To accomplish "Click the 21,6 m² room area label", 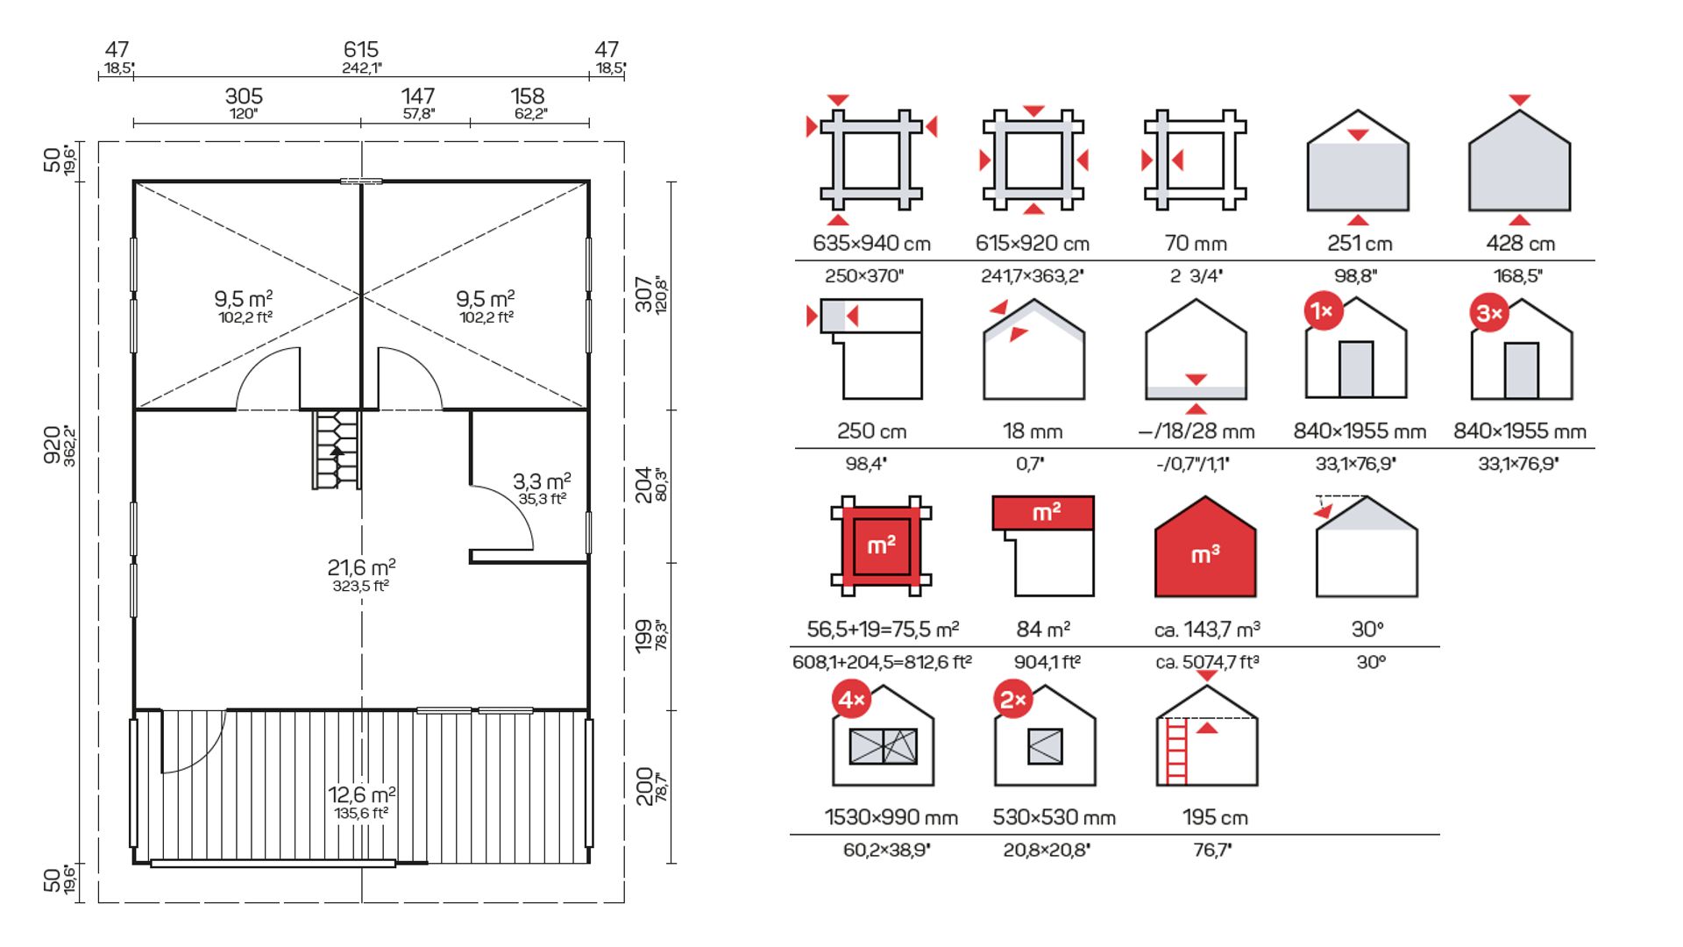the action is pyautogui.click(x=361, y=567).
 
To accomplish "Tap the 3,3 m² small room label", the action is pyautogui.click(x=542, y=481).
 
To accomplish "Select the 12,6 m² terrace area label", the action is pyautogui.click(x=361, y=794).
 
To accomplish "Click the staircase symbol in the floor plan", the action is pyautogui.click(x=337, y=450).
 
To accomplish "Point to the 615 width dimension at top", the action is pyautogui.click(x=361, y=49).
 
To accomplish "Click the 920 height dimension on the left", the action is pyautogui.click(x=53, y=445).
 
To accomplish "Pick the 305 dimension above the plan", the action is pyautogui.click(x=244, y=96).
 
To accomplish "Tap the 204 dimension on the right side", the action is pyautogui.click(x=644, y=485).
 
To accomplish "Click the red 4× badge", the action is pyautogui.click(x=852, y=699).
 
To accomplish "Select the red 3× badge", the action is pyautogui.click(x=1489, y=313).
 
